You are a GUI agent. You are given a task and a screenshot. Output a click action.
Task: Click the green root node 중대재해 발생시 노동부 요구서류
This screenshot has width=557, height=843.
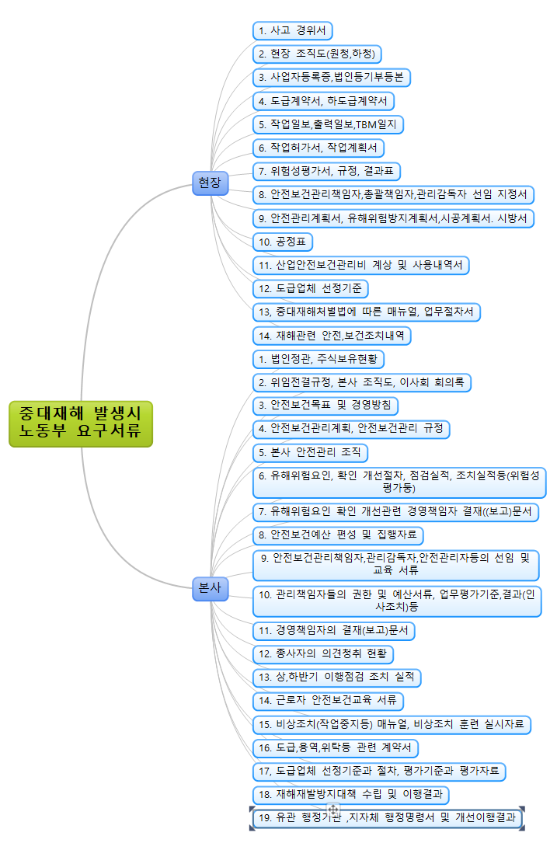point(81,423)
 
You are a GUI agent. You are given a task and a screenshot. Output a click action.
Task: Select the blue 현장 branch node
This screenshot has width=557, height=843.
point(210,183)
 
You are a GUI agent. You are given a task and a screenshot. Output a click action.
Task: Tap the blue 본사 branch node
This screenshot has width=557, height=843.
point(210,589)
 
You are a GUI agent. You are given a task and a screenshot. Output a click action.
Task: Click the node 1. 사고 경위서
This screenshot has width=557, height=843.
point(293,30)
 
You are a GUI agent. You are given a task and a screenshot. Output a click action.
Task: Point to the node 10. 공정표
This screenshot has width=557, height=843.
point(283,242)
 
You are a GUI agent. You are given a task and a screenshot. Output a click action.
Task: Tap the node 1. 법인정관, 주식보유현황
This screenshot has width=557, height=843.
point(319,359)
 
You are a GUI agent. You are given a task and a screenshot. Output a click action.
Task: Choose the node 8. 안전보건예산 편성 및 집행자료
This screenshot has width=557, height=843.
point(338,535)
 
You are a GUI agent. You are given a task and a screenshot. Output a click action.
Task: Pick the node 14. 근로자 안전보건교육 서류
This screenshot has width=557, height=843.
point(328,700)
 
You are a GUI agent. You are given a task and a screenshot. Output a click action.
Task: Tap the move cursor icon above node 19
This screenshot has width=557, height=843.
point(332,810)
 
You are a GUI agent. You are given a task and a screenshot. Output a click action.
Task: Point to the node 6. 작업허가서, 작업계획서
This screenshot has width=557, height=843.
point(319,148)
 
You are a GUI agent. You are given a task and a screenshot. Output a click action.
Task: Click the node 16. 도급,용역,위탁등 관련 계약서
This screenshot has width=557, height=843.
point(336,747)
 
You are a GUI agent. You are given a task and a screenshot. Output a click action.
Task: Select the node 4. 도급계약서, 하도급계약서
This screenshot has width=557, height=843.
point(324,101)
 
